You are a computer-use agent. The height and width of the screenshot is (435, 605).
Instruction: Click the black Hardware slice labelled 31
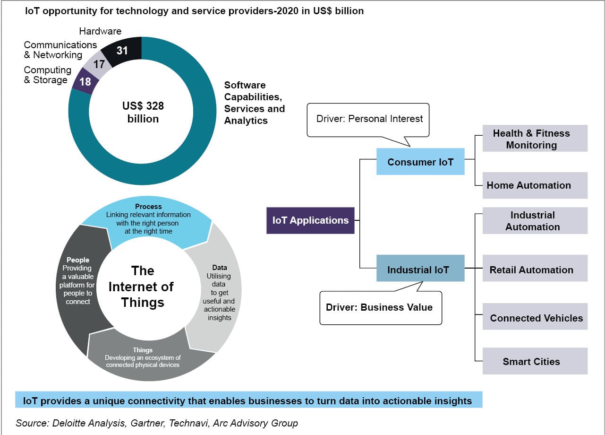(123, 51)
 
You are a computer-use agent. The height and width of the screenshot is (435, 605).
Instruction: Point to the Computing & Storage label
(48, 75)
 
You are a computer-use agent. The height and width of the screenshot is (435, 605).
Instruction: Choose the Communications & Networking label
(60, 50)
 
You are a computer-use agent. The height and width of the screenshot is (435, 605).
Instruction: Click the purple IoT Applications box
(310, 220)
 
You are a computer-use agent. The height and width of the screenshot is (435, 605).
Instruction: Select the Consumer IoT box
(420, 161)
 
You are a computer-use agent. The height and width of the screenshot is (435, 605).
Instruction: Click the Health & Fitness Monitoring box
(535, 138)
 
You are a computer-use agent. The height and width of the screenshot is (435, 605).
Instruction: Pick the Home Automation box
(535, 185)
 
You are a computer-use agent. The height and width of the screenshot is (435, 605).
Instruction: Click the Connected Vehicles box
(535, 316)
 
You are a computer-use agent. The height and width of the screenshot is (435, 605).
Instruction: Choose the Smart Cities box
(535, 361)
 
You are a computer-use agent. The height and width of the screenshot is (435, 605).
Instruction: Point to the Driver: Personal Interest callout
(368, 120)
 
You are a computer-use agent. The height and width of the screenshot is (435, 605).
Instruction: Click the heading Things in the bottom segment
(143, 350)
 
